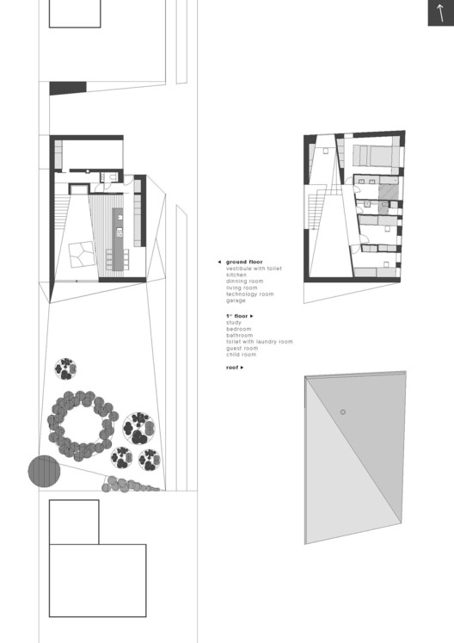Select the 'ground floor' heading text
click(x=244, y=261)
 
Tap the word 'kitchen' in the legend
click(x=236, y=275)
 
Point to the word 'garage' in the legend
click(x=236, y=300)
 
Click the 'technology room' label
click(x=249, y=294)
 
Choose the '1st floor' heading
click(x=237, y=316)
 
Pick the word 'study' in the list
click(x=234, y=323)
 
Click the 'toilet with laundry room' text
click(x=259, y=342)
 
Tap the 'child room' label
click(x=241, y=355)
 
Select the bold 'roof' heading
click(x=232, y=368)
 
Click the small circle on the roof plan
click(x=342, y=413)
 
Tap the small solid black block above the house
click(x=68, y=87)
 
